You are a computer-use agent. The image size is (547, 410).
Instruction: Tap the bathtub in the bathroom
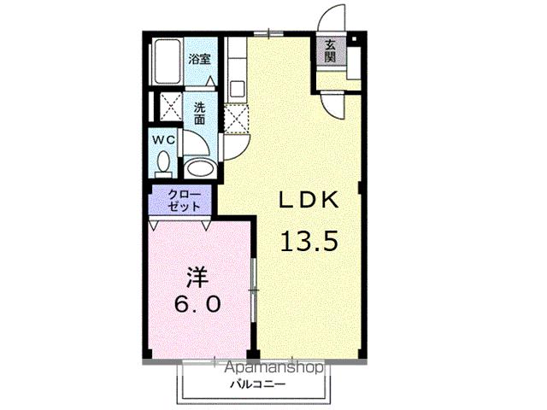pos(168,63)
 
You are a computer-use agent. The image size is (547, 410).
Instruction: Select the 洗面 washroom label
pos(199,114)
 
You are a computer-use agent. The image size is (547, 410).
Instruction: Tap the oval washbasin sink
pos(200,167)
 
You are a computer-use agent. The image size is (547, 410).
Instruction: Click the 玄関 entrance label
pos(330,51)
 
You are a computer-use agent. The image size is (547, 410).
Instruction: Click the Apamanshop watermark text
pos(273,368)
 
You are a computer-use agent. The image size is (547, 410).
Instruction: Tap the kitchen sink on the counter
pos(237,86)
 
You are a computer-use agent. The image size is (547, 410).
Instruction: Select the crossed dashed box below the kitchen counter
pos(236,117)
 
